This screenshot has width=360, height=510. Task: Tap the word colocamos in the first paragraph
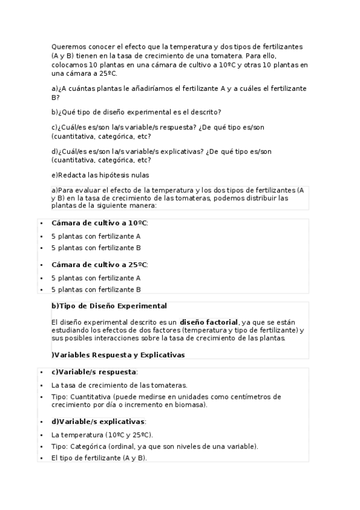[69, 64]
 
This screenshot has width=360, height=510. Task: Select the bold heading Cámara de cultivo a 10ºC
[99, 223]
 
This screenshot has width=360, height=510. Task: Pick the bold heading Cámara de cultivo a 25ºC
[99, 265]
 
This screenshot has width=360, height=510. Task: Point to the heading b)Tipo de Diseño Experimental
[109, 306]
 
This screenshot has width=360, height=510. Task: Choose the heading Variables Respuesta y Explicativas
[119, 355]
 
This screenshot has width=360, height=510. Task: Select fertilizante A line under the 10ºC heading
[96, 236]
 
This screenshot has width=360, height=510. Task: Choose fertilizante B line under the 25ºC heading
[96, 289]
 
